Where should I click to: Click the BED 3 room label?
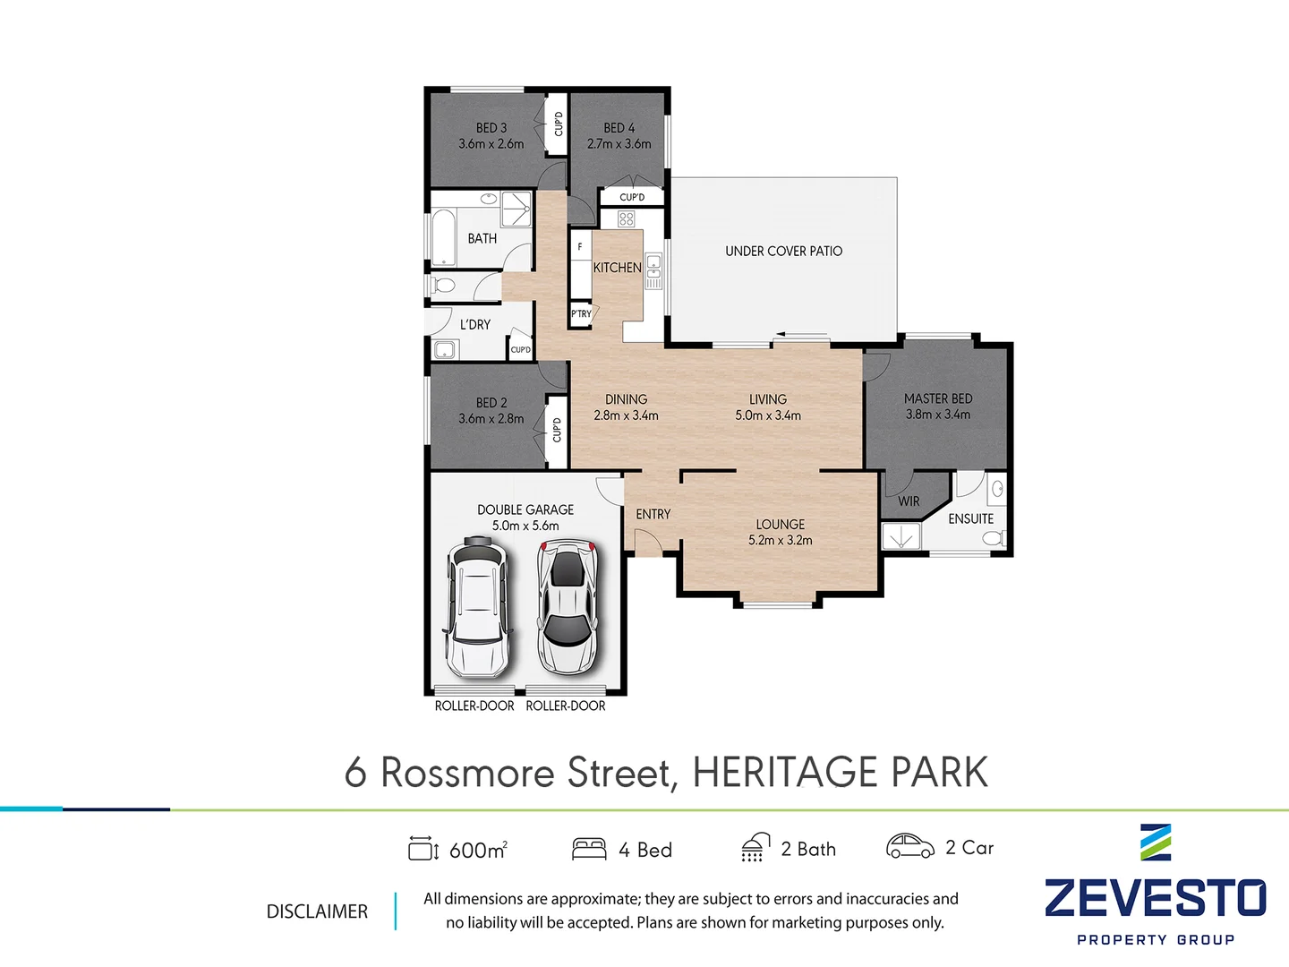pos(491,128)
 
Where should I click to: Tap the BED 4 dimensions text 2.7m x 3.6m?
pos(619,144)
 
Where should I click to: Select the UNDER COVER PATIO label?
pos(783,252)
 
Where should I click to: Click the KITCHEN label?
pos(617,268)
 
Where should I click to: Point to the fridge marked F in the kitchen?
pos(580,246)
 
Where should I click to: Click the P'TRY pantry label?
pos(581,314)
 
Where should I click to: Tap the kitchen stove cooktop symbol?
pos(627,218)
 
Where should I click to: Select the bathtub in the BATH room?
pos(444,237)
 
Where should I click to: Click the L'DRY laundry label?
pos(474,325)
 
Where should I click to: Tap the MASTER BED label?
pos(937,398)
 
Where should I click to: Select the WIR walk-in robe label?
pos(909,501)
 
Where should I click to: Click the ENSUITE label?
pos(970,519)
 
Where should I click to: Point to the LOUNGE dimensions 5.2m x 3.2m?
pos(780,541)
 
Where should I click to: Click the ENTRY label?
pos(653,515)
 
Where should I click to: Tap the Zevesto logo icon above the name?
pos(1155,843)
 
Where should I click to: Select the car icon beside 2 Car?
pos(909,846)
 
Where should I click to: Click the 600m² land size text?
pos(478,850)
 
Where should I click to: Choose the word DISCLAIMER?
pos(317,911)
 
